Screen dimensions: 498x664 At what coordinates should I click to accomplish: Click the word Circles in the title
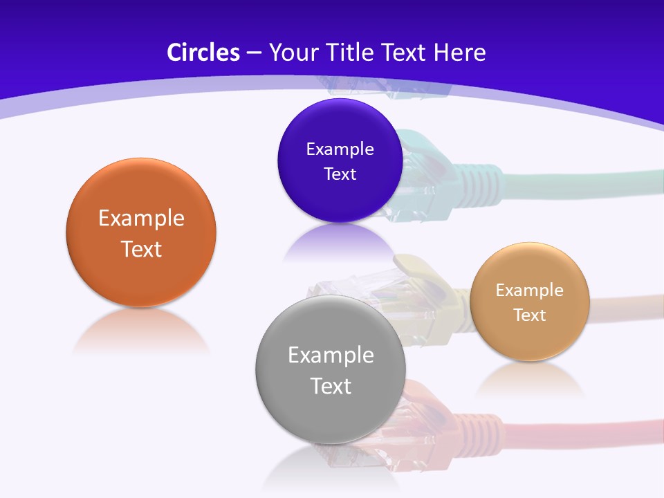coord(203,53)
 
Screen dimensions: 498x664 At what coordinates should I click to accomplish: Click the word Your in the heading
coord(293,53)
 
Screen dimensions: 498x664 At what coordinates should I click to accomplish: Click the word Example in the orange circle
coord(141,219)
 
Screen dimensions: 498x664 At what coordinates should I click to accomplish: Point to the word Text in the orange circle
coord(141,249)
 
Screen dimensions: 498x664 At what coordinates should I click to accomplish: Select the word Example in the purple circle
coord(340,149)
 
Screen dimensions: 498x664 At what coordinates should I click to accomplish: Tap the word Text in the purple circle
coord(340,174)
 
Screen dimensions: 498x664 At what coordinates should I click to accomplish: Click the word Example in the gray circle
coord(331,356)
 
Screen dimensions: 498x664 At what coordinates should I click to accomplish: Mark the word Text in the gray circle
coord(331,386)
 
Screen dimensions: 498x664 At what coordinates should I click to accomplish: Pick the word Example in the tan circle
coord(530,290)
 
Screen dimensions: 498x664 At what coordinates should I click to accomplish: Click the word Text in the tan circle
coord(530,315)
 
